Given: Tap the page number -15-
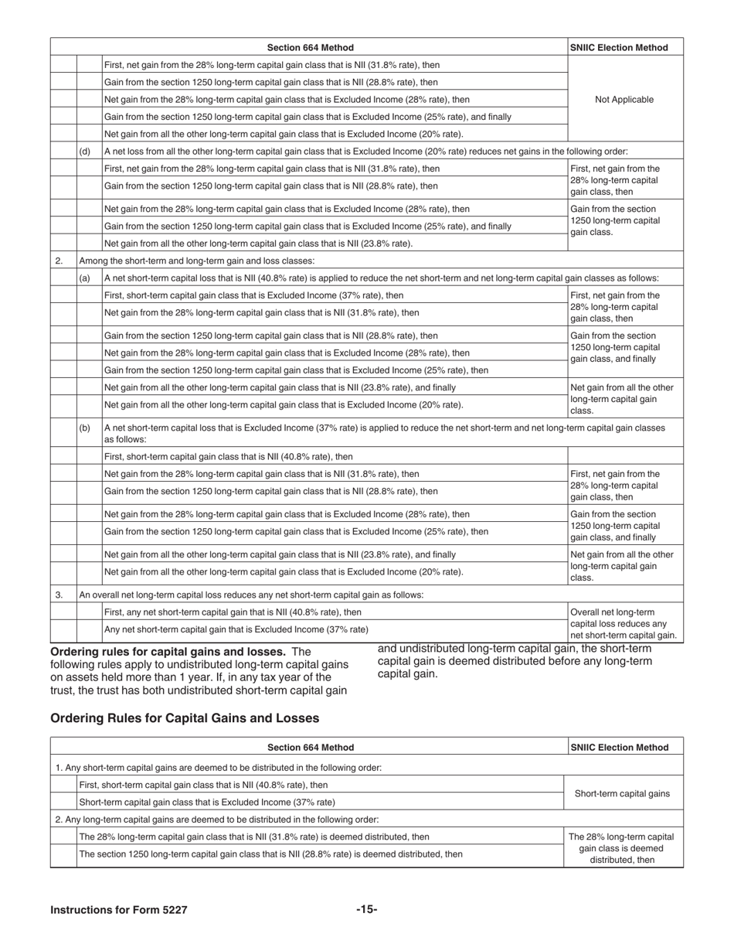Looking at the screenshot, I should click(x=366, y=909).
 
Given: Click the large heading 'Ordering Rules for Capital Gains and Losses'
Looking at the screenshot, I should click(x=185, y=718).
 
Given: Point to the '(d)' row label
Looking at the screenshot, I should click(x=85, y=151).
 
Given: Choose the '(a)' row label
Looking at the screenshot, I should click(x=85, y=278).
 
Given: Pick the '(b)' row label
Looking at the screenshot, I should click(x=85, y=428).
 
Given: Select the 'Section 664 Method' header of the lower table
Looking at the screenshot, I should click(x=311, y=747).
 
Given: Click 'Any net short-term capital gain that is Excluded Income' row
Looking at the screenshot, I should click(x=236, y=629).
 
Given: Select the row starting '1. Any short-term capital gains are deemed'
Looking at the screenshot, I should click(x=219, y=768).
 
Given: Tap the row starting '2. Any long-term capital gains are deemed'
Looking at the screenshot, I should click(x=217, y=819).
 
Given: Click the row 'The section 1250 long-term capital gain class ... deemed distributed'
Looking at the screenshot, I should click(x=271, y=854).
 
